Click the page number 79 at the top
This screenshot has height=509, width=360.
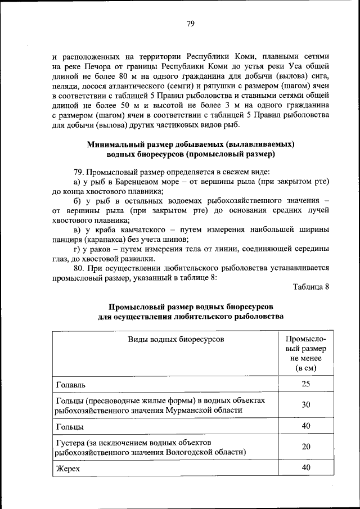point(190,23)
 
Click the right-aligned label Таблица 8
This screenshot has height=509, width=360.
point(310,287)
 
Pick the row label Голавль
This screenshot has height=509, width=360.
point(70,385)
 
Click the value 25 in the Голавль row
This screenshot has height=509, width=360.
point(305,384)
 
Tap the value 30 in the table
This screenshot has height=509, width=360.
point(305,405)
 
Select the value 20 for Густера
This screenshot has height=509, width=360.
point(305,447)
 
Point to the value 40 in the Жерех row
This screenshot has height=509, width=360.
point(305,467)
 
